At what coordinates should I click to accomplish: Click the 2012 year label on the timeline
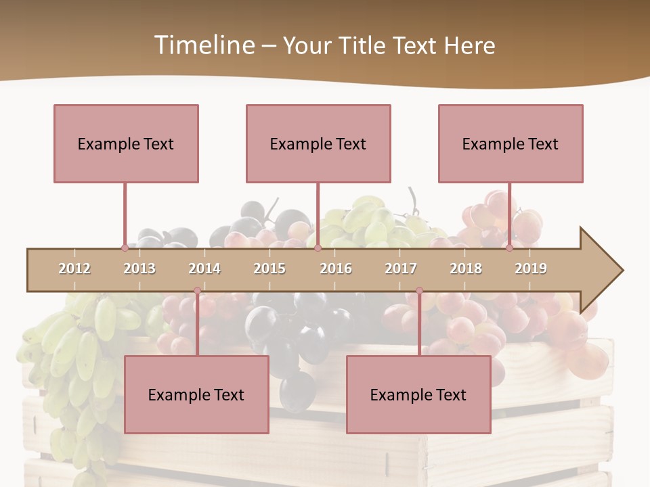(x=74, y=269)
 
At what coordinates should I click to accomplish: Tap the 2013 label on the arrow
(x=139, y=269)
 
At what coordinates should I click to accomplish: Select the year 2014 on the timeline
(x=204, y=269)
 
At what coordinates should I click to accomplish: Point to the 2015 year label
(x=269, y=269)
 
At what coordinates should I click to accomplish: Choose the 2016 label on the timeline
(x=336, y=269)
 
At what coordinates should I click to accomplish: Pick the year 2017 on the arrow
(x=401, y=269)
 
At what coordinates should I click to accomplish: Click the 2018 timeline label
(x=466, y=269)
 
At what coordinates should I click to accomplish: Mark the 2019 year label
(x=531, y=269)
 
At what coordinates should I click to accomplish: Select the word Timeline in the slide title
(x=203, y=45)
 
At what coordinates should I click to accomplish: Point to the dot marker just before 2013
(x=125, y=248)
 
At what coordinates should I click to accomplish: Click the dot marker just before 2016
(x=318, y=248)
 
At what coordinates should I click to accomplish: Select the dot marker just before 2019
(x=510, y=248)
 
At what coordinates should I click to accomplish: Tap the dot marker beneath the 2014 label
(x=197, y=291)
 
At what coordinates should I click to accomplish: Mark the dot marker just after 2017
(x=419, y=291)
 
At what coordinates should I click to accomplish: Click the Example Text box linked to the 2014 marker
(x=196, y=394)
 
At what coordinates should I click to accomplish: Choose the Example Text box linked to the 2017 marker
(x=418, y=394)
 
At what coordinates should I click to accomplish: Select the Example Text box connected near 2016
(x=318, y=143)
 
